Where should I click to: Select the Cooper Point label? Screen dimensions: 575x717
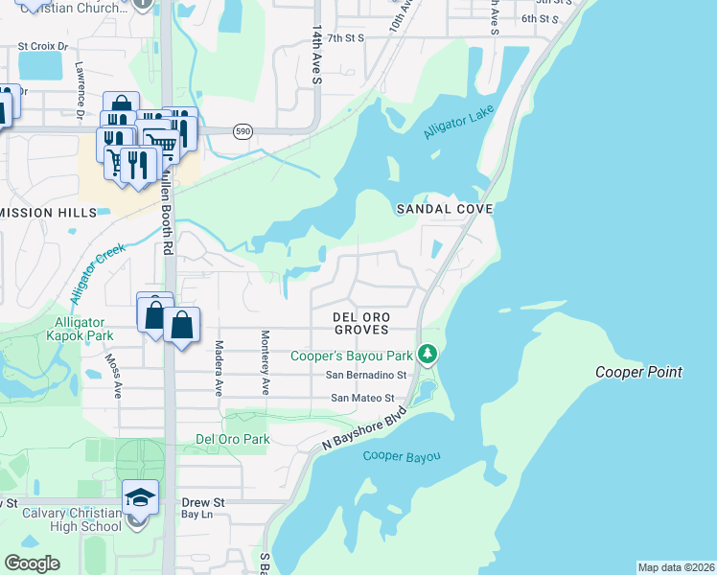[638, 372]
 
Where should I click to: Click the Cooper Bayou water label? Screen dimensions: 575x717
[402, 456]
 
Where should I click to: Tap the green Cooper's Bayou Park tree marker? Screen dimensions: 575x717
[428, 355]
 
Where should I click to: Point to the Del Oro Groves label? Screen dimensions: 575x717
[360, 322]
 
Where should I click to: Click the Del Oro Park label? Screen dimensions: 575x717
[232, 439]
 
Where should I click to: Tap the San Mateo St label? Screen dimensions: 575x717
[362, 397]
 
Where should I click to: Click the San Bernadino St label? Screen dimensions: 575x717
[367, 375]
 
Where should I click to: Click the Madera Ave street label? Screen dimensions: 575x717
[219, 368]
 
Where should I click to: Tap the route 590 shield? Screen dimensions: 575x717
[242, 131]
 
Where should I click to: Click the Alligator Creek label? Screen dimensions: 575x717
[97, 272]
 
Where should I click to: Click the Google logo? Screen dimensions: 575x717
[32, 563]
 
